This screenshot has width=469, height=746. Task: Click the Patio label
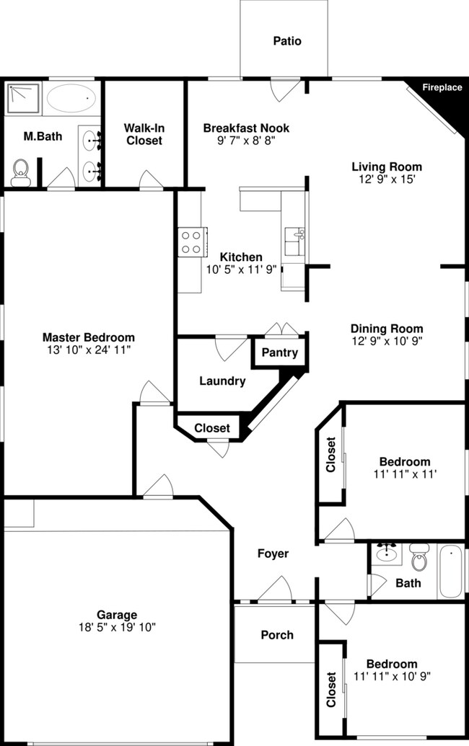point(286,41)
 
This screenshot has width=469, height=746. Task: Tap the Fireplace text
point(442,88)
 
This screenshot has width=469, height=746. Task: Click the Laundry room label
point(222,381)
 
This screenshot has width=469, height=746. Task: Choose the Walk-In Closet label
point(144,134)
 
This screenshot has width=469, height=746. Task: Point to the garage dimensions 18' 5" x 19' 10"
point(117,627)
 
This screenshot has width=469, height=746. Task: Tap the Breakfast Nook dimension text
point(246,141)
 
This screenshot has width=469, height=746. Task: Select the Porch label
point(277,635)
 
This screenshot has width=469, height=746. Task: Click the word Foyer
point(273,554)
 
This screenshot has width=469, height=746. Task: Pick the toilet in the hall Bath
point(419,558)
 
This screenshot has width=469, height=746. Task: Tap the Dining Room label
point(387,329)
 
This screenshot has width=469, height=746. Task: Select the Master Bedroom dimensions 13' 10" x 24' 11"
point(89,350)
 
